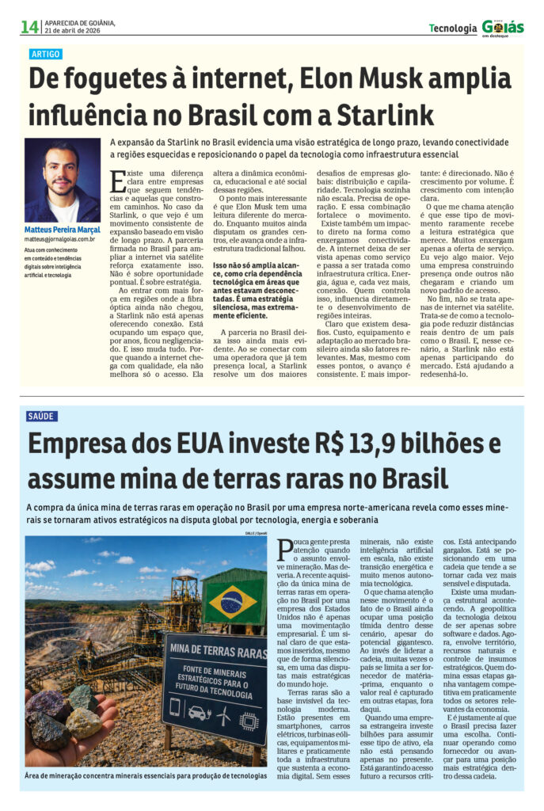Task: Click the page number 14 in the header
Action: point(29,27)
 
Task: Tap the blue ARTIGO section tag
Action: point(45,55)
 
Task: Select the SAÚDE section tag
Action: point(42,416)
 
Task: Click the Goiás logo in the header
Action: point(503,28)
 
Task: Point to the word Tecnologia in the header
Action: point(453,29)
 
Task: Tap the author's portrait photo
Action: point(63,181)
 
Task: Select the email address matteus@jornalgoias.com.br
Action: point(60,238)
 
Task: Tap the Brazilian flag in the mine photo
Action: point(232,602)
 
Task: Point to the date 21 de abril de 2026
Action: point(79,31)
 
